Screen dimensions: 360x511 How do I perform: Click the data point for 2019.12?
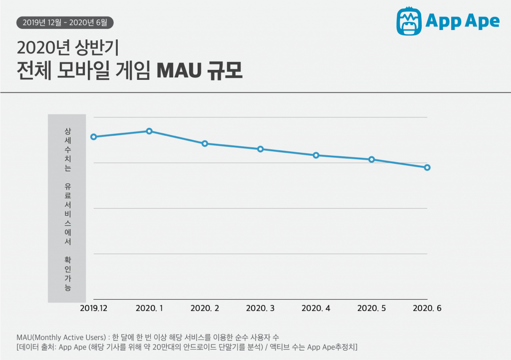[93, 137]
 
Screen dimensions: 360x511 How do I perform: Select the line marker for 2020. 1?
[149, 131]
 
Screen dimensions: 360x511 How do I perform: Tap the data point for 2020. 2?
[205, 144]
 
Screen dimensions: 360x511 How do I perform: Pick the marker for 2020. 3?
[260, 149]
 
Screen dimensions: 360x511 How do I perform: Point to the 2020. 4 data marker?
[316, 155]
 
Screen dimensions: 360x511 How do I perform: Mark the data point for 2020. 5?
[372, 160]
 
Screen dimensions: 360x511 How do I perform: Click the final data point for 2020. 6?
[427, 168]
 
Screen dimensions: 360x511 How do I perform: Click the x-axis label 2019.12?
[93, 309]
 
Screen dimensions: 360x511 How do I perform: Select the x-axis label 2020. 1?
[149, 309]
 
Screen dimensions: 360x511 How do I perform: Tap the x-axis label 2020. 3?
[260, 309]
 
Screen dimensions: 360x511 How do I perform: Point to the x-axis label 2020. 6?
[427, 309]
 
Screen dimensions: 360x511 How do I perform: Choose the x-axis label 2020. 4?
[316, 309]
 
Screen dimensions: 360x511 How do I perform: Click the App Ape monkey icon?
[409, 21]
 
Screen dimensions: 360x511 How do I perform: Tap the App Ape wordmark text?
[463, 21]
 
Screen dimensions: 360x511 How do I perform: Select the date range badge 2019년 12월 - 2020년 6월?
[65, 22]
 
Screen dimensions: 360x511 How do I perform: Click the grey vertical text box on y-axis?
[67, 208]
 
